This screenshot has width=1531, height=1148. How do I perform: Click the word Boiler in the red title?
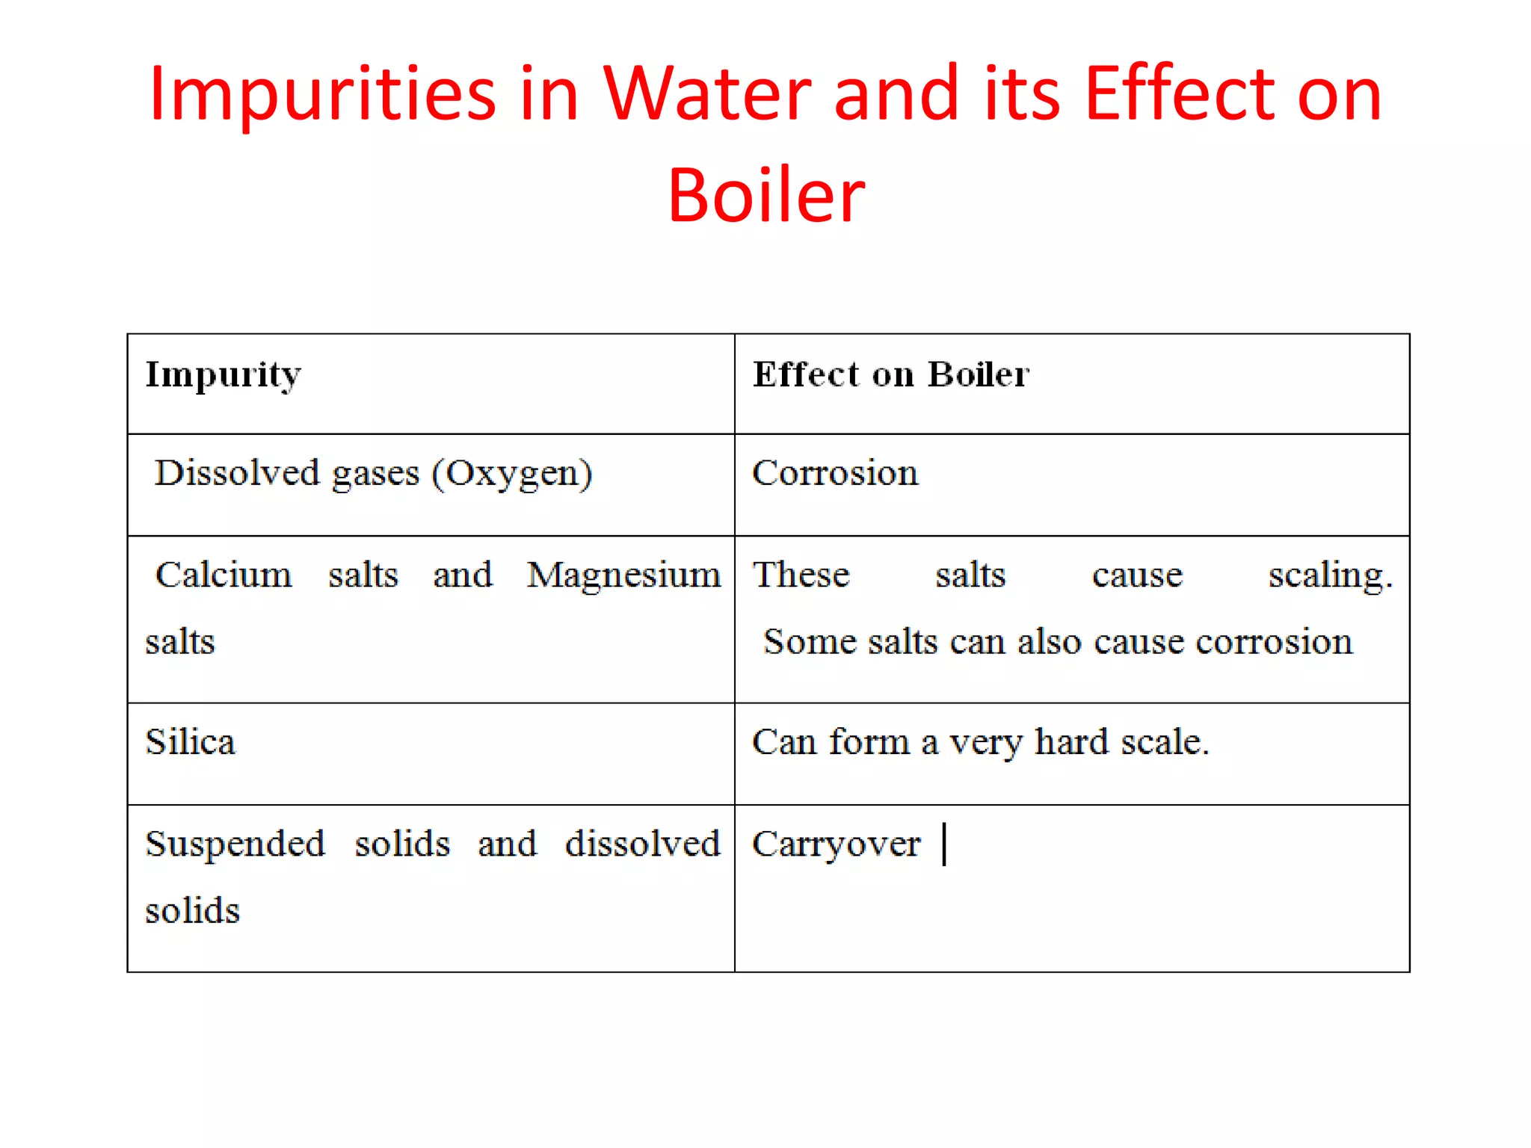click(x=766, y=196)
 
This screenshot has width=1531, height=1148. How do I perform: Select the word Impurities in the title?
click(x=322, y=95)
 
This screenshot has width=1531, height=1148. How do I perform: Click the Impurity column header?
click(x=223, y=374)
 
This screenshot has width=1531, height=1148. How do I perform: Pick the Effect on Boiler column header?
click(x=890, y=374)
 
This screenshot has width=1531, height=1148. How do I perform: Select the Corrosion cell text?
click(x=835, y=473)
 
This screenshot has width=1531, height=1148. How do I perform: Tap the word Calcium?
click(x=224, y=575)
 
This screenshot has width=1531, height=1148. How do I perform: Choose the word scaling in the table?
click(x=1330, y=575)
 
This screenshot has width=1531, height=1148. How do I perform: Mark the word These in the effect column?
click(x=801, y=575)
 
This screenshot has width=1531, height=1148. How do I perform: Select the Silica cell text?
click(x=191, y=742)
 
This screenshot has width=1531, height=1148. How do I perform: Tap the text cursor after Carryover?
click(x=945, y=844)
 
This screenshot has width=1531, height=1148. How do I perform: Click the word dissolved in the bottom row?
click(x=642, y=844)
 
